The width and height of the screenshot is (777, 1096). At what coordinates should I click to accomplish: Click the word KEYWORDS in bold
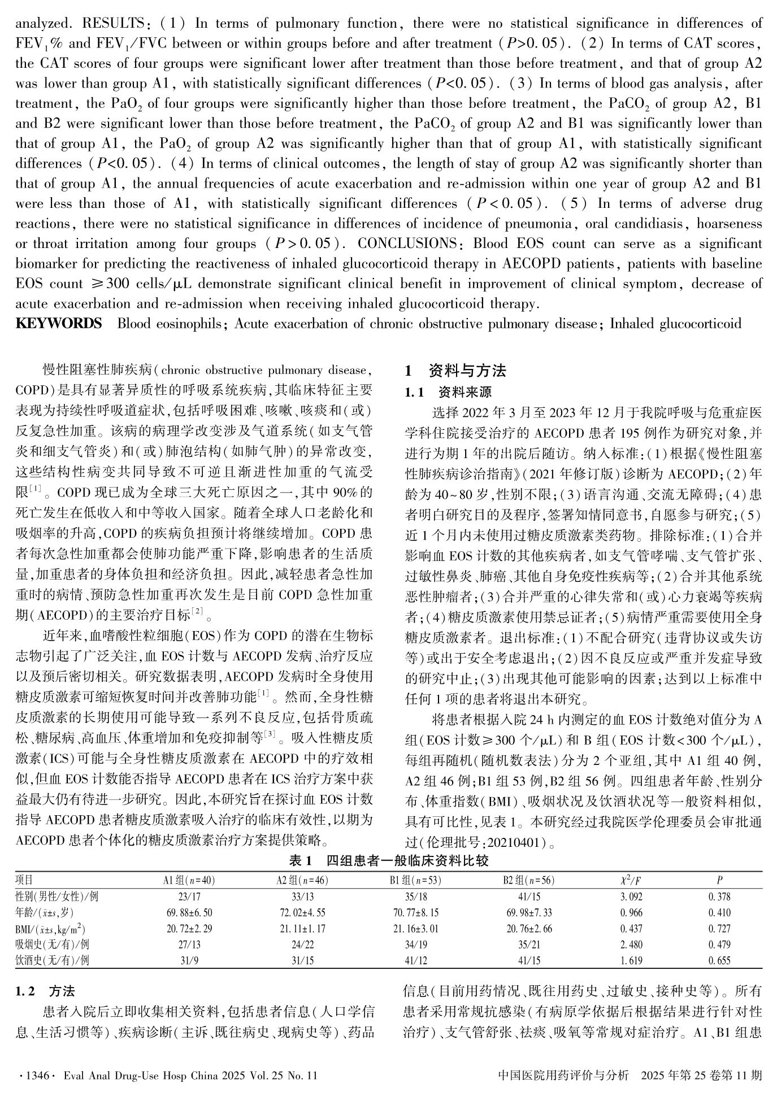pyautogui.click(x=58, y=324)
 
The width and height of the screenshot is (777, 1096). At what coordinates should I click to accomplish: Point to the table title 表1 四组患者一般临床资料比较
pyautogui.click(x=388, y=861)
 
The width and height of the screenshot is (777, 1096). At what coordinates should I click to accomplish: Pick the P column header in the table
pyautogui.click(x=719, y=880)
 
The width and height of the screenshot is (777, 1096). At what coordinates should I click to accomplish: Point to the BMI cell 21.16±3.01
pyautogui.click(x=415, y=928)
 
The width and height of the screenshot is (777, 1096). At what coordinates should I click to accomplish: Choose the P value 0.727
pyautogui.click(x=719, y=928)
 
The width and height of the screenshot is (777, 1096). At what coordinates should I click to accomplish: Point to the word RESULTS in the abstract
pyautogui.click(x=115, y=23)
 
